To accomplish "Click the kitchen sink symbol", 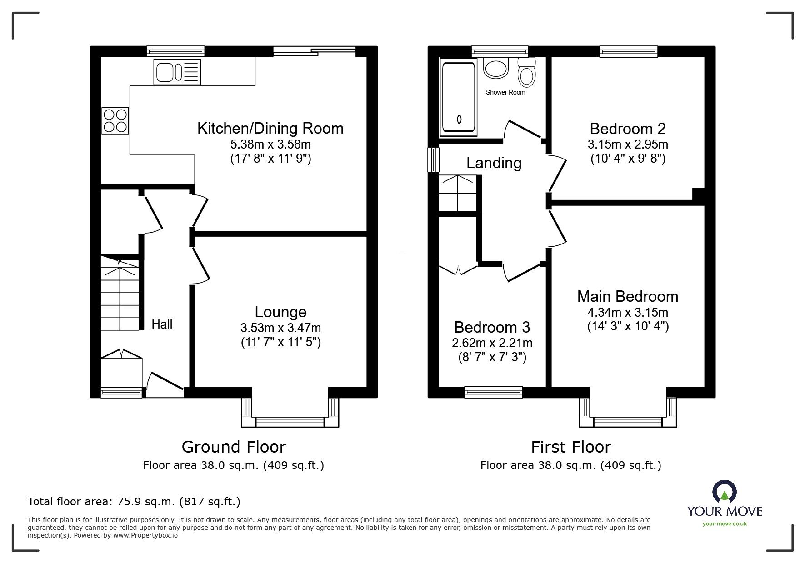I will click(x=177, y=72).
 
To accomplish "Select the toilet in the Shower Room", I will click(x=527, y=74).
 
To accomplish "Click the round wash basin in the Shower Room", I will click(x=495, y=69).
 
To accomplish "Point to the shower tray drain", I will click(x=459, y=120).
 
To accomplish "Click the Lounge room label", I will click(x=280, y=312).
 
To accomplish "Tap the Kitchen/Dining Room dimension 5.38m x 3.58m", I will click(x=270, y=144).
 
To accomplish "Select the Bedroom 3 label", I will click(x=492, y=327).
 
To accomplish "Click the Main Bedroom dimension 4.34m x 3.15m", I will click(x=627, y=313).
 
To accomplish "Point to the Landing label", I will click(x=494, y=163).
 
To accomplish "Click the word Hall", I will click(x=162, y=324).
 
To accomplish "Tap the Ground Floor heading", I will click(x=234, y=447).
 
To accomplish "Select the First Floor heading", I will click(x=571, y=447).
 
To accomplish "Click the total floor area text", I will click(x=134, y=502).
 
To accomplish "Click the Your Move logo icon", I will click(x=725, y=491).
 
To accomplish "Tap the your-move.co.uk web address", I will click(x=725, y=524).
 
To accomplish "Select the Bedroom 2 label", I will click(x=627, y=129).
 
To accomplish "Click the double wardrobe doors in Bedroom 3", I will click(x=458, y=269).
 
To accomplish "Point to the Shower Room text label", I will click(x=505, y=92).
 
